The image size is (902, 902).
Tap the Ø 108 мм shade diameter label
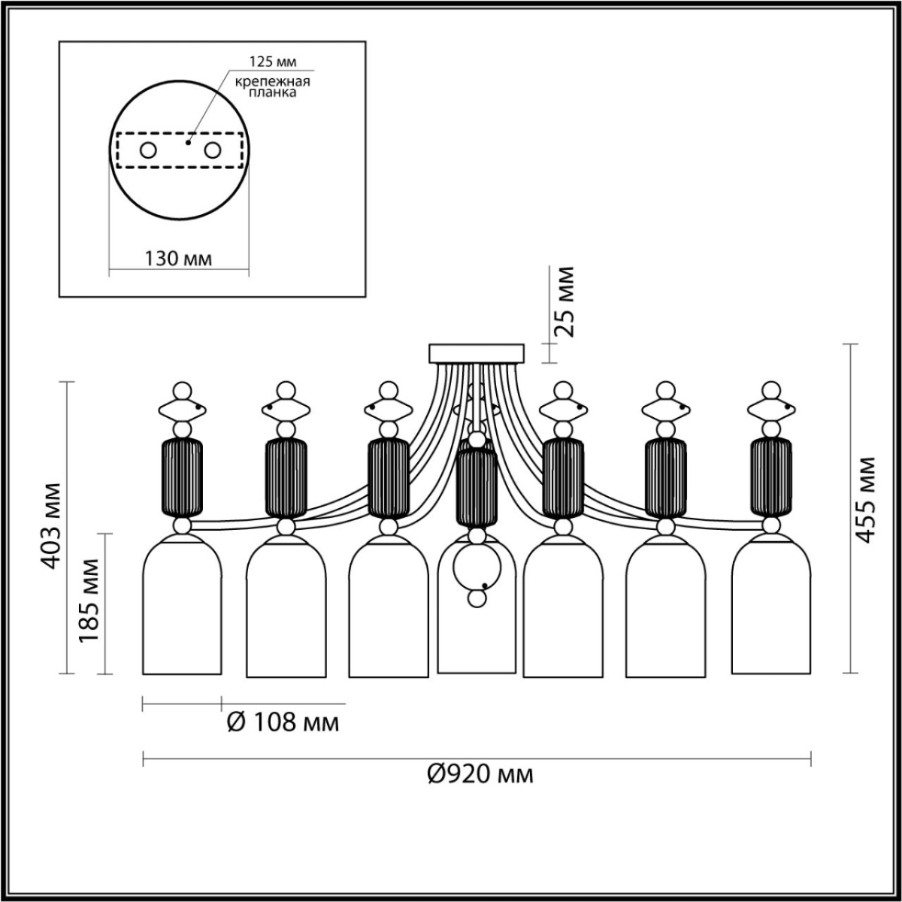coord(283,723)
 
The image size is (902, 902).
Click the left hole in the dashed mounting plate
coord(148,150)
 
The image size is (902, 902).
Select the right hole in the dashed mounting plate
coord(213,150)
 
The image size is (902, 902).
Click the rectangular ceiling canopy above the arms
coord(477,353)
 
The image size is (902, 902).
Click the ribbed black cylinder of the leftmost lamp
coord(183,477)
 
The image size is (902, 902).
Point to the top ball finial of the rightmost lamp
coord(770,390)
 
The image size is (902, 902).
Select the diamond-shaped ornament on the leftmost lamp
coord(182,409)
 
